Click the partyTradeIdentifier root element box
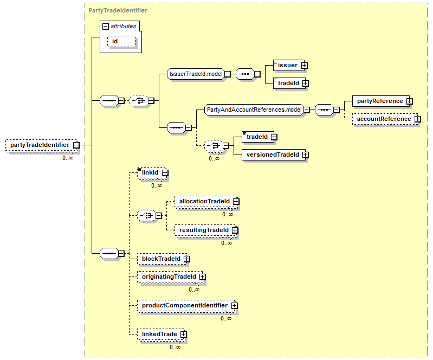[42, 145]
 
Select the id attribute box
[121, 41]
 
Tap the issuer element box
[288, 66]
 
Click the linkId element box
[152, 172]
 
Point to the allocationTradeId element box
[206, 201]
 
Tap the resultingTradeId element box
[205, 230]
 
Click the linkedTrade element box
[161, 335]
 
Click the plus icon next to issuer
[305, 66]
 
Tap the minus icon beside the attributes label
[106, 27]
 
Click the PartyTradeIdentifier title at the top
[118, 10]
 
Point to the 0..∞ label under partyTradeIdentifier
[68, 158]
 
